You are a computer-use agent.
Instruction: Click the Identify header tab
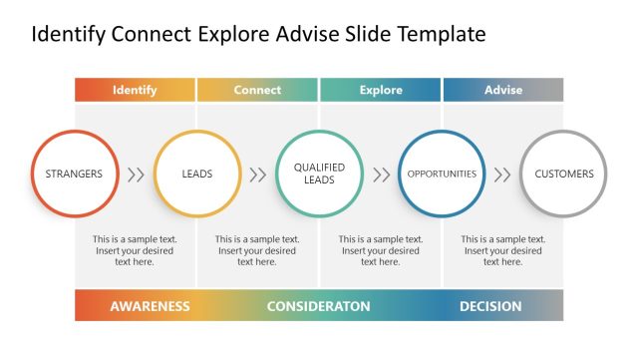(x=135, y=90)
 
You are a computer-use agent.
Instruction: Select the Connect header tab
(x=257, y=90)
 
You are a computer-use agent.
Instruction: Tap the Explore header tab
(x=380, y=90)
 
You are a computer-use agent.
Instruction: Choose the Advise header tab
(x=503, y=90)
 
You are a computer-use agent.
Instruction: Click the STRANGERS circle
(x=74, y=174)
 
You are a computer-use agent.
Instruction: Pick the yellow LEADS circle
(x=197, y=174)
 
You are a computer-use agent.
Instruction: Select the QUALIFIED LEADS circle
(x=319, y=174)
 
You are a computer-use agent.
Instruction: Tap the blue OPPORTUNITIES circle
(x=442, y=174)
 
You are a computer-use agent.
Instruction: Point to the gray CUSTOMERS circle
(x=564, y=174)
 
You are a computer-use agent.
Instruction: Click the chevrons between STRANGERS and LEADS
(x=136, y=175)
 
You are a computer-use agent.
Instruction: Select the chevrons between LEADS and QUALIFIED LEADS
(x=258, y=175)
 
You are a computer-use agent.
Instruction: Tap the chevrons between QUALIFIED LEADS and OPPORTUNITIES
(x=381, y=175)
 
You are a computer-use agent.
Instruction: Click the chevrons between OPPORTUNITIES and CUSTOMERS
(x=503, y=175)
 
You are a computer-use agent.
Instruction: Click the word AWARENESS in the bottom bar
(x=150, y=306)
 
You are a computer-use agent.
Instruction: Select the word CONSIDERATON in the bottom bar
(x=319, y=306)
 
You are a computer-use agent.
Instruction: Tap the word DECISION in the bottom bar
(x=490, y=306)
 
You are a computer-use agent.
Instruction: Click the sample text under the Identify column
(x=135, y=250)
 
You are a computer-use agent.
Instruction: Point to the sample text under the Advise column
(x=503, y=250)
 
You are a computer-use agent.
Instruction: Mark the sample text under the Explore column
(x=381, y=250)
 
